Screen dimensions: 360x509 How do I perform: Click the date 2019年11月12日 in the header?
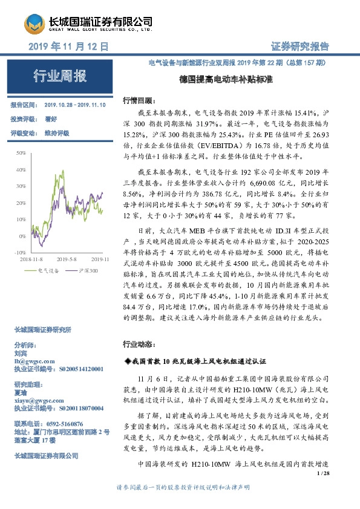tap(68, 46)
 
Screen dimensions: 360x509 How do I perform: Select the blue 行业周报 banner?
tap(59, 76)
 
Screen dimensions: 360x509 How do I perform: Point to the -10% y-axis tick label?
tap(20, 251)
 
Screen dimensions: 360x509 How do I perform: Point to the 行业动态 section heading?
tap(139, 344)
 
